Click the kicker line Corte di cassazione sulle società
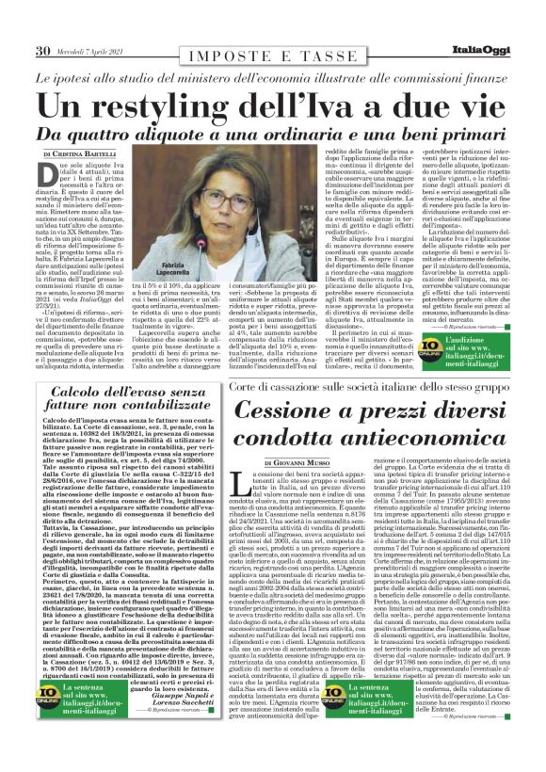tap(377, 388)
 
